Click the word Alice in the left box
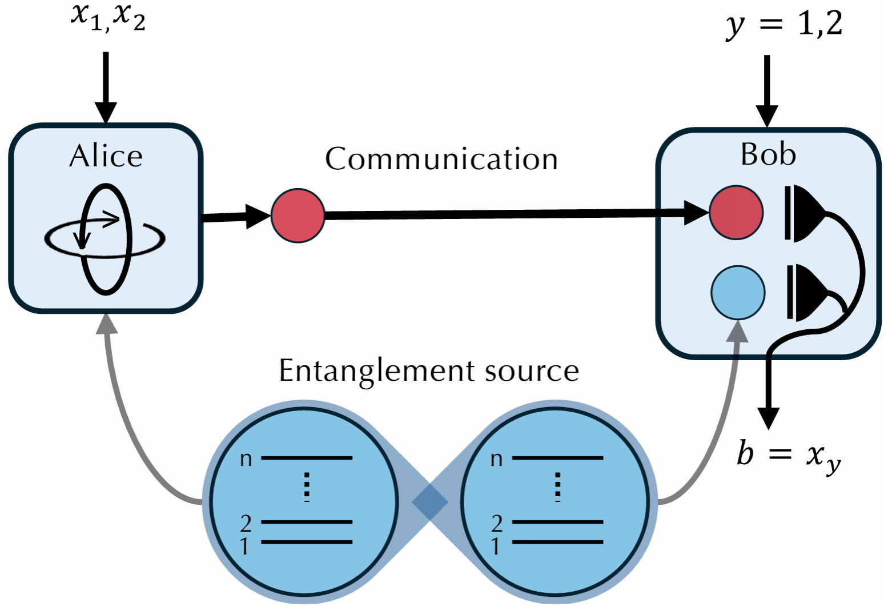click(x=106, y=156)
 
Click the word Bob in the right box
click(x=768, y=154)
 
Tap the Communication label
click(x=441, y=159)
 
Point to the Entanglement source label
click(x=429, y=370)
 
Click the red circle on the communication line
click(x=298, y=216)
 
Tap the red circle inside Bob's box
click(x=736, y=212)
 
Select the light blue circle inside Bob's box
click(x=737, y=292)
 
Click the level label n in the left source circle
click(x=246, y=459)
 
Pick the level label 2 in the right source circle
click(x=497, y=523)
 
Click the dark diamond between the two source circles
click(x=430, y=502)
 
